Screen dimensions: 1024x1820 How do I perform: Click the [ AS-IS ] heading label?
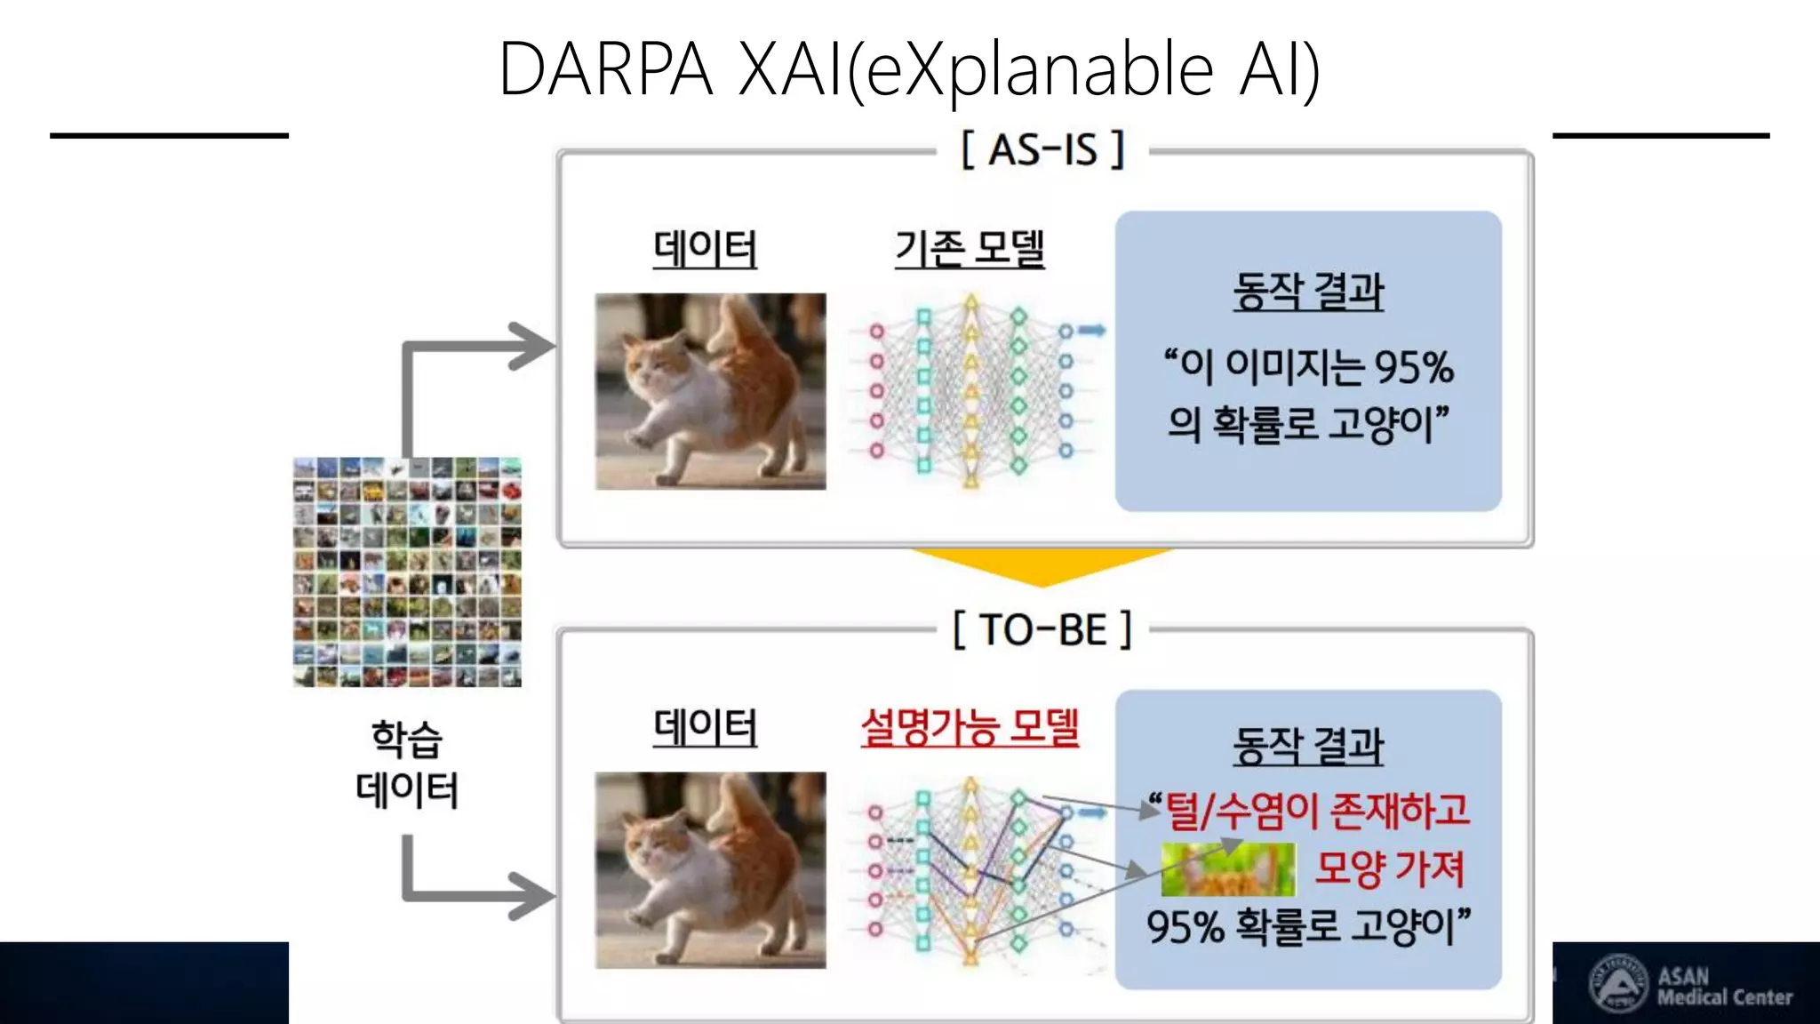click(x=1042, y=149)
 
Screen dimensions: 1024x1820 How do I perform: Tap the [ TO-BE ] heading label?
click(x=1042, y=630)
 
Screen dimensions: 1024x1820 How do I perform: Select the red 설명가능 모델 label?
click(x=970, y=727)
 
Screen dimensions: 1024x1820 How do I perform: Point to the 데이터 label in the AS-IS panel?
click(x=705, y=248)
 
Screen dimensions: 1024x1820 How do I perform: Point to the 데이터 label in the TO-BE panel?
click(x=705, y=727)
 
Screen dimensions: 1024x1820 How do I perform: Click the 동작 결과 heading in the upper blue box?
click(x=1308, y=292)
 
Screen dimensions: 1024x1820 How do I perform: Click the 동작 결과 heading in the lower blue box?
click(x=1308, y=745)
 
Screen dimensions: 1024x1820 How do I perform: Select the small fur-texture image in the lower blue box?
click(x=1228, y=869)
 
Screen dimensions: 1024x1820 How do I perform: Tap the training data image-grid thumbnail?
click(x=407, y=572)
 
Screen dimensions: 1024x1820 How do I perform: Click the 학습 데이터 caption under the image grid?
click(x=407, y=764)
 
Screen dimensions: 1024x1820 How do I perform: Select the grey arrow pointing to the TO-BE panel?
click(x=524, y=895)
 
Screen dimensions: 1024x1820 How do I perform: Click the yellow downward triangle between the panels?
click(x=1042, y=565)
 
